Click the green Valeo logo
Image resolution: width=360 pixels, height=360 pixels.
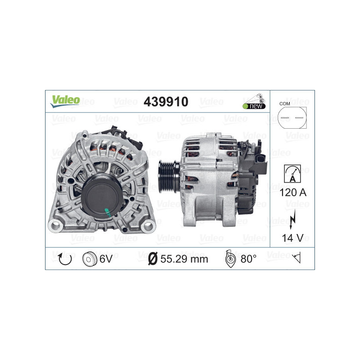tap(65, 101)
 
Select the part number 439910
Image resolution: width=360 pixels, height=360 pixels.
tap(166, 102)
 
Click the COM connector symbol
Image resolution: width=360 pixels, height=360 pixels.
tap(291, 118)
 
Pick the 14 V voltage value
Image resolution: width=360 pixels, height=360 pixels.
tap(292, 238)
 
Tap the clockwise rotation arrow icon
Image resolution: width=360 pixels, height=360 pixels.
tap(65, 259)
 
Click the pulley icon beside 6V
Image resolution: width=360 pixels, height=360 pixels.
tap(90, 259)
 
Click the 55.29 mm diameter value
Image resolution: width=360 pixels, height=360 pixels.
tap(184, 259)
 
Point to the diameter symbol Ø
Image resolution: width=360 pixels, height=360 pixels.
tap(153, 259)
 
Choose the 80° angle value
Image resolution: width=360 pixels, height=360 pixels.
tap(248, 259)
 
